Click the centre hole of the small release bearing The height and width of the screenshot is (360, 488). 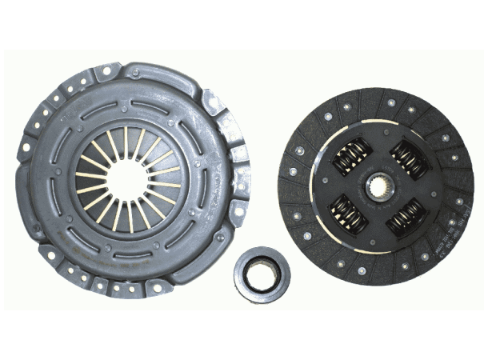tap(262, 275)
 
